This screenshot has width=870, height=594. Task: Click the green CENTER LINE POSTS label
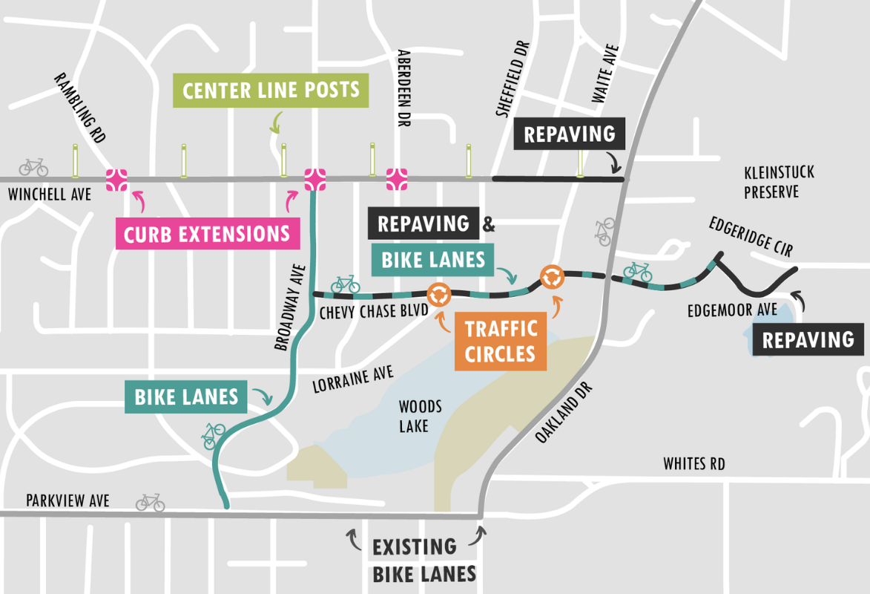(x=271, y=91)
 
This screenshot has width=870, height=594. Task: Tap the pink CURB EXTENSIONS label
(x=207, y=234)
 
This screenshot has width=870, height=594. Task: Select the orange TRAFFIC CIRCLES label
(x=501, y=341)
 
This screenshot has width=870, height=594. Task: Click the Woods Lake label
(x=421, y=416)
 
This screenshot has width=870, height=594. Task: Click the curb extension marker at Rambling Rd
(x=116, y=179)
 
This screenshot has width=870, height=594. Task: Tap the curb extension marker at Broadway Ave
(x=314, y=179)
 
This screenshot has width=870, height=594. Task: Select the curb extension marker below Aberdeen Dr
(x=397, y=179)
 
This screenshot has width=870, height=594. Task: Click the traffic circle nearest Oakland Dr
(x=552, y=277)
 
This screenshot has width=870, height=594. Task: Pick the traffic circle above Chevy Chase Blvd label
(x=439, y=294)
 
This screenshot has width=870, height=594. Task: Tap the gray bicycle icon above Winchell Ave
(x=33, y=167)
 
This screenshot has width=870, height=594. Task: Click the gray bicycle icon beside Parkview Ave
(x=150, y=503)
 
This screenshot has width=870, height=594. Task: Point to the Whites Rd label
(x=693, y=464)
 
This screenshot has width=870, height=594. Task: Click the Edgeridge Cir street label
(x=751, y=236)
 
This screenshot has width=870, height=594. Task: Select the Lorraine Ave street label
(x=352, y=380)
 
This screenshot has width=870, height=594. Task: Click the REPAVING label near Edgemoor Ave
(x=808, y=340)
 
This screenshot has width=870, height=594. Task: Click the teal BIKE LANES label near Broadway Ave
(x=186, y=397)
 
